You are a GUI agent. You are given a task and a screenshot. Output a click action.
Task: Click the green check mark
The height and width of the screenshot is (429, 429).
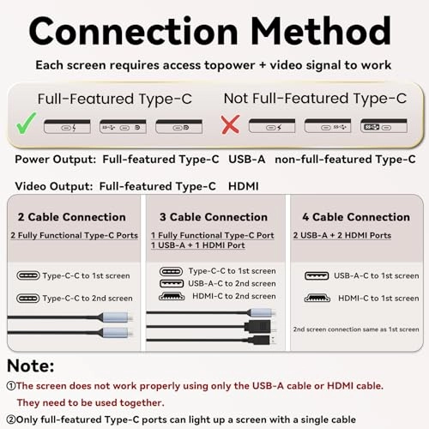(x=25, y=124)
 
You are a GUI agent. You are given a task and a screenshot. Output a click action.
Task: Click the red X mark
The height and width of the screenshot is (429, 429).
(x=230, y=124)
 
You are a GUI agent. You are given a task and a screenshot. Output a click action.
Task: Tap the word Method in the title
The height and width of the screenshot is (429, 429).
(x=321, y=31)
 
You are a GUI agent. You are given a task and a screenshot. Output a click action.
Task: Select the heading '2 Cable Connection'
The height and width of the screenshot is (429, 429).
(x=72, y=217)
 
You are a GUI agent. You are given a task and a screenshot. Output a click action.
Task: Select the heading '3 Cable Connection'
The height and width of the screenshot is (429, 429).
(x=214, y=217)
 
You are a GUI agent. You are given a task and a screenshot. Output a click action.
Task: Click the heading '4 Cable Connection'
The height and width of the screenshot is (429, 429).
(x=356, y=217)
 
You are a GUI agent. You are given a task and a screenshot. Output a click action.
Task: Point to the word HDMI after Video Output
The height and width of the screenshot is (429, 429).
(x=244, y=186)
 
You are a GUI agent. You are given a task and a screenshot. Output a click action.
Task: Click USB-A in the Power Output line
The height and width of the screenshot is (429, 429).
(x=246, y=159)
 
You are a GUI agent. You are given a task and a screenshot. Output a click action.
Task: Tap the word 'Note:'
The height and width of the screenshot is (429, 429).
(x=31, y=366)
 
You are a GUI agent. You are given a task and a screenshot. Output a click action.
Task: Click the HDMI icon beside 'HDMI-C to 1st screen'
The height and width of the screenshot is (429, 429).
(x=317, y=298)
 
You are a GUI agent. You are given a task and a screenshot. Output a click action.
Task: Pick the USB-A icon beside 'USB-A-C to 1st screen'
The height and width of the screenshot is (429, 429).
(x=317, y=275)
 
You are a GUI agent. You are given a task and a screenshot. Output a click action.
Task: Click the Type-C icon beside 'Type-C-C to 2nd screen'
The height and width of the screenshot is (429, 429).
(x=28, y=299)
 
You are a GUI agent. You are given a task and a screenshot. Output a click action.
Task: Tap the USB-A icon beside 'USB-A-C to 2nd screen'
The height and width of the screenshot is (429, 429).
(x=172, y=283)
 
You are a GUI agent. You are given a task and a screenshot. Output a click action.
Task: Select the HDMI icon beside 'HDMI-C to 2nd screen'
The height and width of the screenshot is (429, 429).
(x=172, y=296)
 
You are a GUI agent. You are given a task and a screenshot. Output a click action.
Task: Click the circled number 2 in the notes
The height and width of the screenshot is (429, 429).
(x=11, y=420)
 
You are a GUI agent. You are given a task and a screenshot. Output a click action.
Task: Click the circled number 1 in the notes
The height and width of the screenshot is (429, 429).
(x=11, y=386)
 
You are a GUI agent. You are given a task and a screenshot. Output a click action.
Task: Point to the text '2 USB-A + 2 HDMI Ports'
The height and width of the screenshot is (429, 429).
(x=342, y=235)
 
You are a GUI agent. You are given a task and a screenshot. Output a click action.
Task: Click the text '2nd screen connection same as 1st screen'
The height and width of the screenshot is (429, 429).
(x=356, y=329)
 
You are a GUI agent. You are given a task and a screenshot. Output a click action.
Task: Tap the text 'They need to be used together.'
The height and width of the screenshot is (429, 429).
(x=91, y=402)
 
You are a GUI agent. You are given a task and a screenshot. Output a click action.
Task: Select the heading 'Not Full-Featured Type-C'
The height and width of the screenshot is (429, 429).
(x=315, y=99)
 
